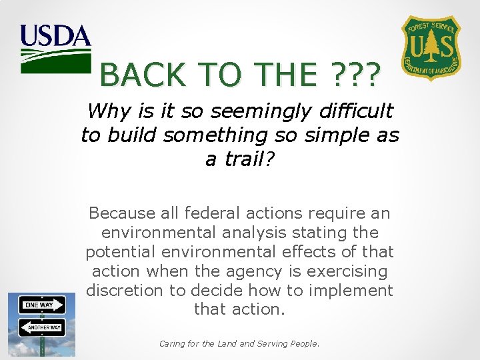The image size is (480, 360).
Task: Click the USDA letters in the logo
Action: point(55,35)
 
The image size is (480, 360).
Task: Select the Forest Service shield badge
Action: point(430,49)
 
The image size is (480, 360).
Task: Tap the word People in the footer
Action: point(304,344)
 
